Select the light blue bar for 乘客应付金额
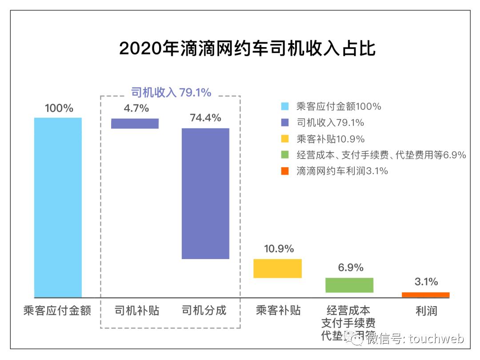[x=58, y=207]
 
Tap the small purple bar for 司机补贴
[x=135, y=124]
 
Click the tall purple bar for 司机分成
[x=205, y=193]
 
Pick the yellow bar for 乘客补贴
[x=277, y=268]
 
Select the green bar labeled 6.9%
[x=349, y=285]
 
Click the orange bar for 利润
[x=425, y=295]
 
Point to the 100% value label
[x=59, y=108]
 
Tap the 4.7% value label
[x=136, y=108]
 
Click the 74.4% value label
[x=205, y=118]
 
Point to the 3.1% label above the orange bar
[x=426, y=282]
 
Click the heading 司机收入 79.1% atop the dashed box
[x=171, y=92]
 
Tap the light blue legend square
[x=285, y=107]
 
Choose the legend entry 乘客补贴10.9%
[x=330, y=139]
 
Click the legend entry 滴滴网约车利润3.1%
[x=342, y=171]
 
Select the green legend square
[x=285, y=155]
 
